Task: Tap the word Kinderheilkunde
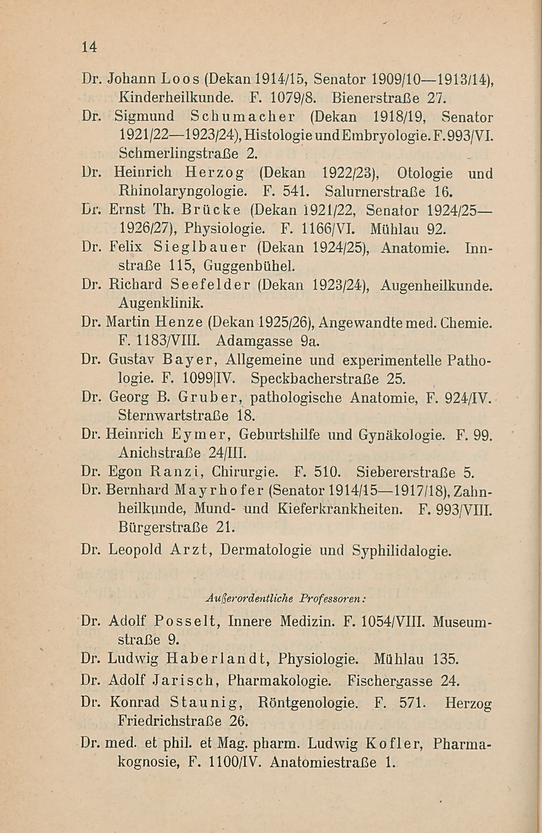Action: coord(175,99)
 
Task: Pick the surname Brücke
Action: coord(211,210)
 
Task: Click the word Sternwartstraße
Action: coord(173,416)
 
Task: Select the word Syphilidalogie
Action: coord(401,551)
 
